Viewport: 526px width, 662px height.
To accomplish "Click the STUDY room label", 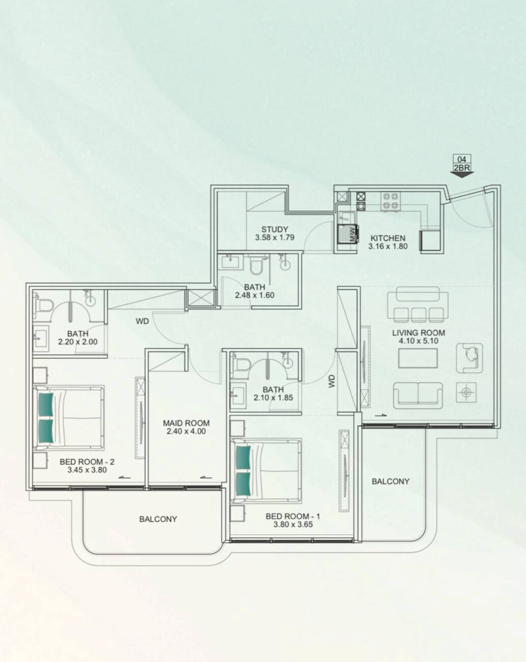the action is [275, 229].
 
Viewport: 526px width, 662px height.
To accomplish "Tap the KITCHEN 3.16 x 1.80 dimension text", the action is [388, 246].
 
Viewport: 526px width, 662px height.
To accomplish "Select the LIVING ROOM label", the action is [418, 333].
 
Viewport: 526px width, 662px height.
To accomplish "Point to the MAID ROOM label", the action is [186, 423].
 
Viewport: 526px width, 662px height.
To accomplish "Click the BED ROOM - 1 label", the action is [293, 516].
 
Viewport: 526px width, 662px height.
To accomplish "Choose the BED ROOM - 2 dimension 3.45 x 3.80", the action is [87, 470].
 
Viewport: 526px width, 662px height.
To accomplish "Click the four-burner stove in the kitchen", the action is [391, 202].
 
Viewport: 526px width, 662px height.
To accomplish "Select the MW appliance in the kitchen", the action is [348, 234].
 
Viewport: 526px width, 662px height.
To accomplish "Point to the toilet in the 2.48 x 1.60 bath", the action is [255, 265].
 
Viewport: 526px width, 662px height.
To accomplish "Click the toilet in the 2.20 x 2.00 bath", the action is [44, 306].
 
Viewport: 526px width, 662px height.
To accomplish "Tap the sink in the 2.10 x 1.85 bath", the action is [238, 394].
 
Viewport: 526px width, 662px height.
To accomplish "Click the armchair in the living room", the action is [470, 358].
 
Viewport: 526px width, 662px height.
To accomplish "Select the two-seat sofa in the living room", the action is [418, 395].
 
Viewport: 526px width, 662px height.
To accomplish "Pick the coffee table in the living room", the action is [418, 358].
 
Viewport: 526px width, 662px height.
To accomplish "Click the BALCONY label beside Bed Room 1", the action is [390, 481].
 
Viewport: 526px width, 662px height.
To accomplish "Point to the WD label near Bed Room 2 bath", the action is [142, 321].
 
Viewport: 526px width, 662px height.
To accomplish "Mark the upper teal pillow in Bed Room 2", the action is [45, 404].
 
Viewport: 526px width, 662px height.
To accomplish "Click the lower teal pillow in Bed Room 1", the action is [243, 485].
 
